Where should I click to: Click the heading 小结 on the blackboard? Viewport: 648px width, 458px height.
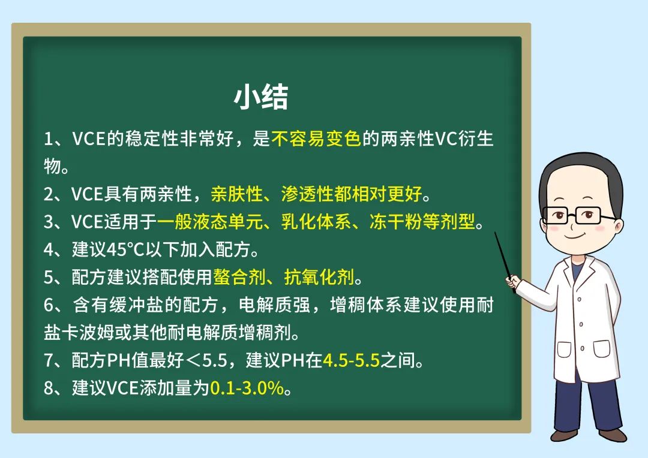[261, 98]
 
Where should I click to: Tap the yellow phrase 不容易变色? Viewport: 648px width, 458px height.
[316, 138]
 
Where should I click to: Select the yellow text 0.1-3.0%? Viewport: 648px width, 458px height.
[247, 388]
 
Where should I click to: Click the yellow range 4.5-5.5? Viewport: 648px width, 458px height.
[351, 360]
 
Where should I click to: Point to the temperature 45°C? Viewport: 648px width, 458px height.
[124, 249]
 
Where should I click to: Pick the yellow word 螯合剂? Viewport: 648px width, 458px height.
[239, 277]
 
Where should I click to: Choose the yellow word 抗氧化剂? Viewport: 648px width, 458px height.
[319, 277]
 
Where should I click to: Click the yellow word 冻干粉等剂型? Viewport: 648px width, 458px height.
[422, 222]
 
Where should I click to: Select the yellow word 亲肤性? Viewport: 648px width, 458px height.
[237, 194]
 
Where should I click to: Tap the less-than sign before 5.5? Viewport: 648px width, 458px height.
[193, 360]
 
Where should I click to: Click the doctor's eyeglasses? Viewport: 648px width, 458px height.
[578, 215]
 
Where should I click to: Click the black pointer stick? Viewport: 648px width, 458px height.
[505, 262]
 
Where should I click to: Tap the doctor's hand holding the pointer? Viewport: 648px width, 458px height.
[513, 282]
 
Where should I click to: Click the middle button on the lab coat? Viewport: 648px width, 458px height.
[581, 324]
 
